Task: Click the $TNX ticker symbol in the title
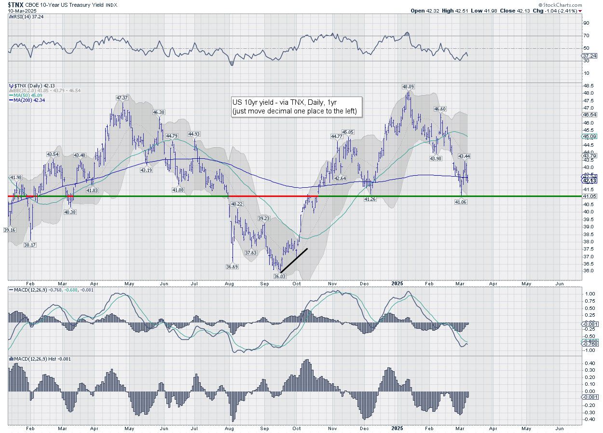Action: pos(16,5)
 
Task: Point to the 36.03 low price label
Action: pos(280,276)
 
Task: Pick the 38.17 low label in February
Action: pos(30,245)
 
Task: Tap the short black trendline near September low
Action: pos(294,260)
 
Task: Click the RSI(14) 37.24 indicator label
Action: pos(23,17)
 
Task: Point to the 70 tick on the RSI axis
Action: pos(587,36)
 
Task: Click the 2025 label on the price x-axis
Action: pos(397,285)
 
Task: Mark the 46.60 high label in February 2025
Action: pos(439,109)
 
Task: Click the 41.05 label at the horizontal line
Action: pos(589,196)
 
